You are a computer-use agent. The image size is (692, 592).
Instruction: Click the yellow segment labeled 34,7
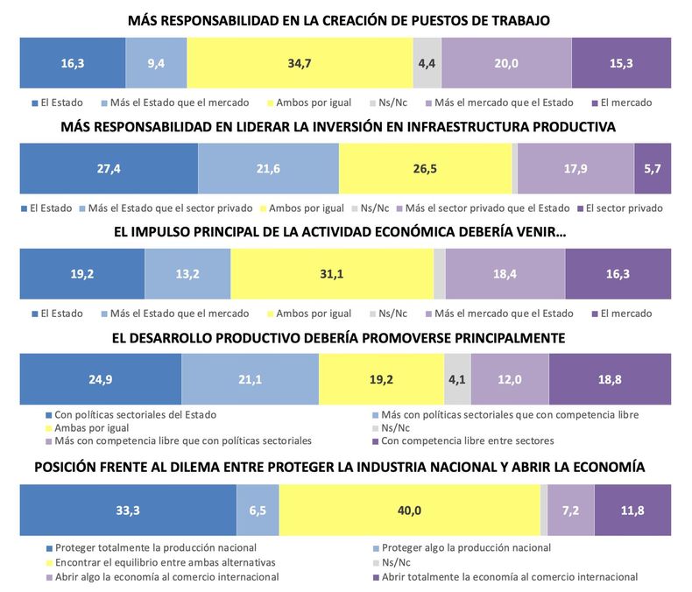[300, 63]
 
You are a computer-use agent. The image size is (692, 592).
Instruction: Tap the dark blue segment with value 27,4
[109, 169]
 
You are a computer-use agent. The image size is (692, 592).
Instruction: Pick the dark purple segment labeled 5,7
[653, 169]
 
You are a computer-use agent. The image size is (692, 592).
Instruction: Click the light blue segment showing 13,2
[187, 274]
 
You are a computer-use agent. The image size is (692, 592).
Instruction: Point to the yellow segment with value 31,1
[332, 274]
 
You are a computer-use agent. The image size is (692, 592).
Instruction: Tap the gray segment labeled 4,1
[457, 380]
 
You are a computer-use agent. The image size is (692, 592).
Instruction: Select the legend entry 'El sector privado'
[624, 208]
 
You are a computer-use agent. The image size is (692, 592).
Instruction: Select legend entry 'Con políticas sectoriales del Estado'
[134, 414]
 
